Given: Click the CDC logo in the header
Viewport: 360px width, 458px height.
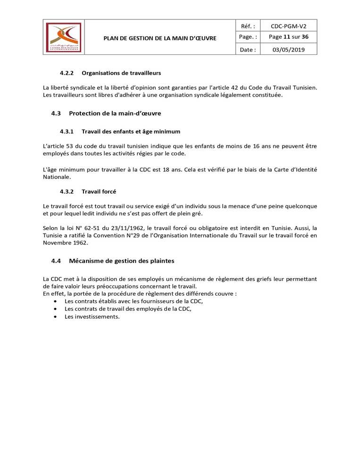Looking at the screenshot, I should click(x=64, y=37).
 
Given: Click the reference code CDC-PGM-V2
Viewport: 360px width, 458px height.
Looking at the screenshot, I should click(x=288, y=26).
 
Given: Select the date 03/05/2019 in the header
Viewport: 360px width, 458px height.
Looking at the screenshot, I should click(x=288, y=50).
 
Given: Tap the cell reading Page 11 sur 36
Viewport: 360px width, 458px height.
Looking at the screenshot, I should click(x=288, y=37).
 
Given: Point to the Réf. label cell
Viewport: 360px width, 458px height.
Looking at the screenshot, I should click(x=248, y=26).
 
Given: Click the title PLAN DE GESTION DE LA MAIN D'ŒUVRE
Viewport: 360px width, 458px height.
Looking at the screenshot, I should click(x=160, y=38).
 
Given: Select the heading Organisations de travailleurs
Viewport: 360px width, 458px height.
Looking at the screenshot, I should click(x=121, y=73).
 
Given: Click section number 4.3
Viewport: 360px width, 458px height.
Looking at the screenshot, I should click(x=56, y=113).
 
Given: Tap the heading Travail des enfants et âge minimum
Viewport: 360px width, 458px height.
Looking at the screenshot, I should click(x=131, y=131).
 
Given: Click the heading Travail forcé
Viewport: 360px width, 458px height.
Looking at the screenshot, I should click(x=99, y=191).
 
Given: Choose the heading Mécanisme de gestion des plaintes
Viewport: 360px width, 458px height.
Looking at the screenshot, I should click(x=122, y=261).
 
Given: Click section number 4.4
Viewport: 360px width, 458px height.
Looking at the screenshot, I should click(x=56, y=261).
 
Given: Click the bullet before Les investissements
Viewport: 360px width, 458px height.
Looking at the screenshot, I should click(x=56, y=317).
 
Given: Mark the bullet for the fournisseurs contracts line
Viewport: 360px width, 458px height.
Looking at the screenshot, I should click(x=56, y=301).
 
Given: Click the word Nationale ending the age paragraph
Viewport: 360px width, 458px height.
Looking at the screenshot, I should click(x=57, y=177).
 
